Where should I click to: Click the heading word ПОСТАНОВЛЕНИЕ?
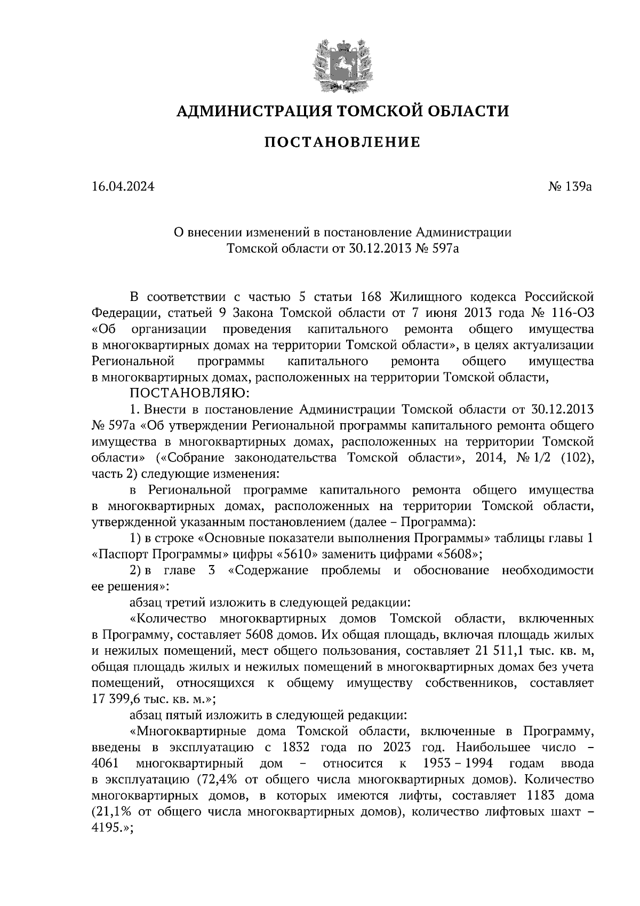click(x=342, y=142)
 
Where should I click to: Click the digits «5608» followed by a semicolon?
click(x=456, y=554)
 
